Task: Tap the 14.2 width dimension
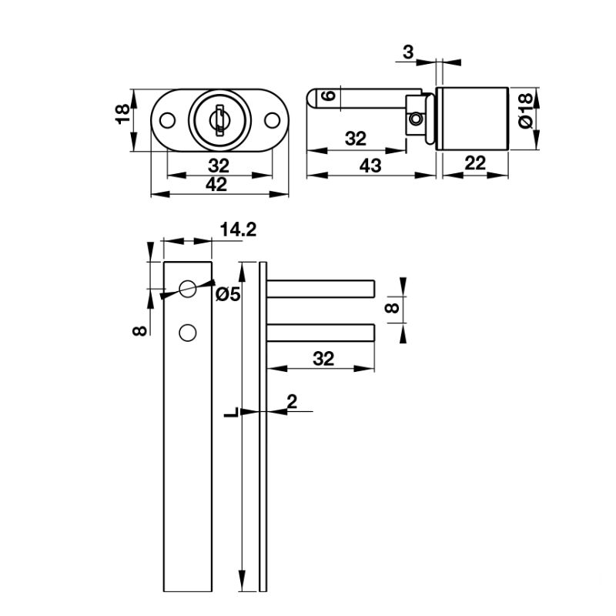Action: click(x=237, y=229)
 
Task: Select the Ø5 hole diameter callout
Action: click(x=229, y=293)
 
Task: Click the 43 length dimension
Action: click(x=370, y=166)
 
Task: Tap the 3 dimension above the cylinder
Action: click(x=408, y=52)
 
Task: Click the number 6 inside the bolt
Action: click(x=327, y=95)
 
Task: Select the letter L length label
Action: click(x=229, y=413)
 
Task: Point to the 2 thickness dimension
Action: click(x=291, y=400)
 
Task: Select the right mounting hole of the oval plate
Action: click(x=271, y=120)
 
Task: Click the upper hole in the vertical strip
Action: click(x=186, y=289)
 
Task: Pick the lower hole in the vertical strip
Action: click(x=186, y=332)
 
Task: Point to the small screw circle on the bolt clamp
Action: click(x=416, y=119)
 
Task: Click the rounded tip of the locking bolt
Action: click(x=313, y=99)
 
